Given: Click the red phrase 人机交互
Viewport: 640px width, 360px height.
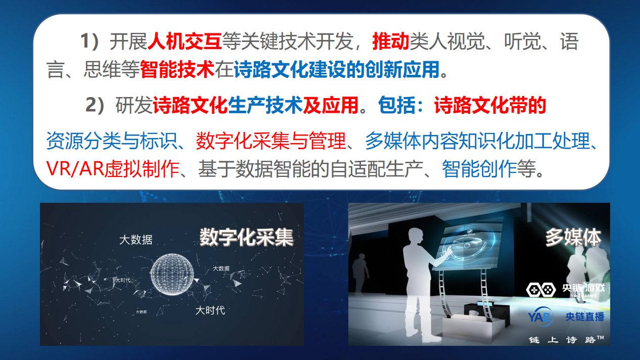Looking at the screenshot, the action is [x=185, y=41].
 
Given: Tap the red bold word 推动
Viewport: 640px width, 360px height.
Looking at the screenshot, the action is [x=391, y=41].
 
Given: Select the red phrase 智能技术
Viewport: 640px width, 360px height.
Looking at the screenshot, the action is [x=177, y=69].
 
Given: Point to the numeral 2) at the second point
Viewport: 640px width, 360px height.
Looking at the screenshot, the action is [x=95, y=105].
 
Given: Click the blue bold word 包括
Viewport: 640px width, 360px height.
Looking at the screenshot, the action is [x=396, y=105].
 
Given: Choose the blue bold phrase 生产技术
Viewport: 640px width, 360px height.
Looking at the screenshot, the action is [x=265, y=105].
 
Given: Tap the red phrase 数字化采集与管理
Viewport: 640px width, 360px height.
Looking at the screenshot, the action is [x=271, y=141].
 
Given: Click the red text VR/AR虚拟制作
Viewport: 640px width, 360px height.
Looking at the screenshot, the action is [x=113, y=168].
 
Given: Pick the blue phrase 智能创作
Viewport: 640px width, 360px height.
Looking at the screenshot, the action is [x=479, y=168].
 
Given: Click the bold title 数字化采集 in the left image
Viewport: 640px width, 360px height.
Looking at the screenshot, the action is [x=246, y=238].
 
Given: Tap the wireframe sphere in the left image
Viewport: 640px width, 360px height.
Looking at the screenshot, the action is [x=172, y=274].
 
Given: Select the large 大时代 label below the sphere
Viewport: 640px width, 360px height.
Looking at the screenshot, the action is [x=210, y=310].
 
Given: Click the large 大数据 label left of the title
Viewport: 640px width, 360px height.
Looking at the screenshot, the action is [x=136, y=240].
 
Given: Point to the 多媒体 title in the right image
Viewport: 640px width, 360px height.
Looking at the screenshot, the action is [x=573, y=237].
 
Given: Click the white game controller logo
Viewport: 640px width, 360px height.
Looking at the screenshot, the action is [x=541, y=290].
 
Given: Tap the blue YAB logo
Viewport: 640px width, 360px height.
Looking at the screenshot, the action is [x=540, y=317].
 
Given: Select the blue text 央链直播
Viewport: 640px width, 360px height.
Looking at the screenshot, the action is [x=584, y=317].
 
